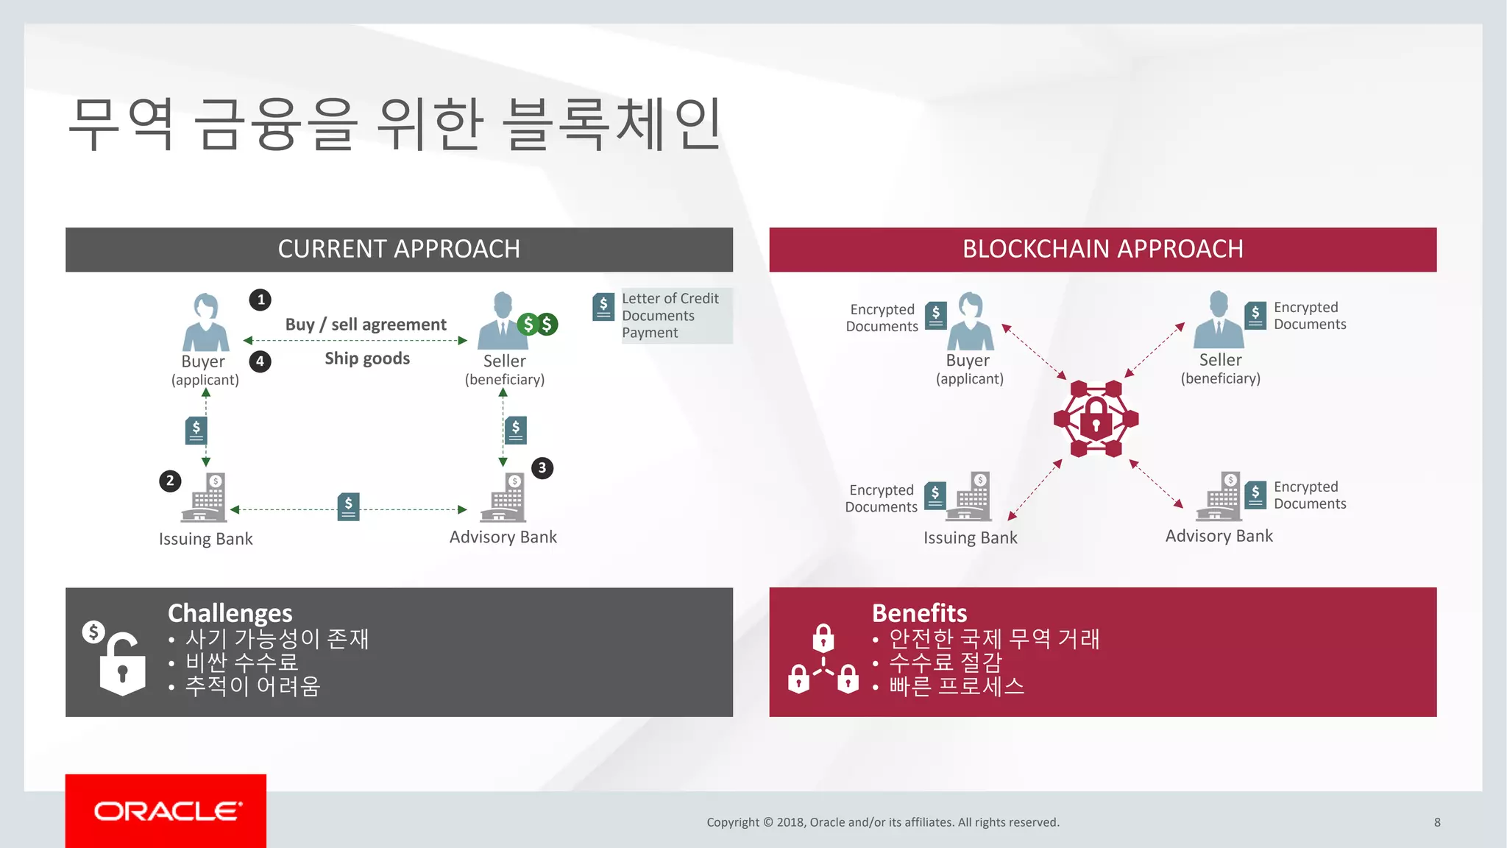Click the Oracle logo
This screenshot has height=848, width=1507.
click(167, 811)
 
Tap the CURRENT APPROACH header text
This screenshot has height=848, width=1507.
click(399, 250)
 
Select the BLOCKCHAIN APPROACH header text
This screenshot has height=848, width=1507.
click(1102, 250)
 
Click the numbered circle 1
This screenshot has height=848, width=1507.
click(260, 300)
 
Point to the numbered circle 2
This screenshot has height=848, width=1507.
click(170, 481)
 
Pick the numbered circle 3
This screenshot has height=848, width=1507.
click(542, 468)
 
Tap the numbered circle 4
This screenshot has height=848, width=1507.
click(260, 361)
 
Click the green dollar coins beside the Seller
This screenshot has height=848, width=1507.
click(538, 324)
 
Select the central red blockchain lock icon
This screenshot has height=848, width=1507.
click(1096, 419)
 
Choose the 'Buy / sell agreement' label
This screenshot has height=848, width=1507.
click(366, 325)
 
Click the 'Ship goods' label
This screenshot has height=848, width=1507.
click(367, 358)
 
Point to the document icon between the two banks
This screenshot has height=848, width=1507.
click(348, 506)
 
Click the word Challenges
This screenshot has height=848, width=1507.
click(230, 613)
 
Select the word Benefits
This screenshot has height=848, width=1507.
click(919, 613)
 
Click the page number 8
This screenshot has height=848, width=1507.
click(1437, 822)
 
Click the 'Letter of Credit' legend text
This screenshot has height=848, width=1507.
click(670, 298)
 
